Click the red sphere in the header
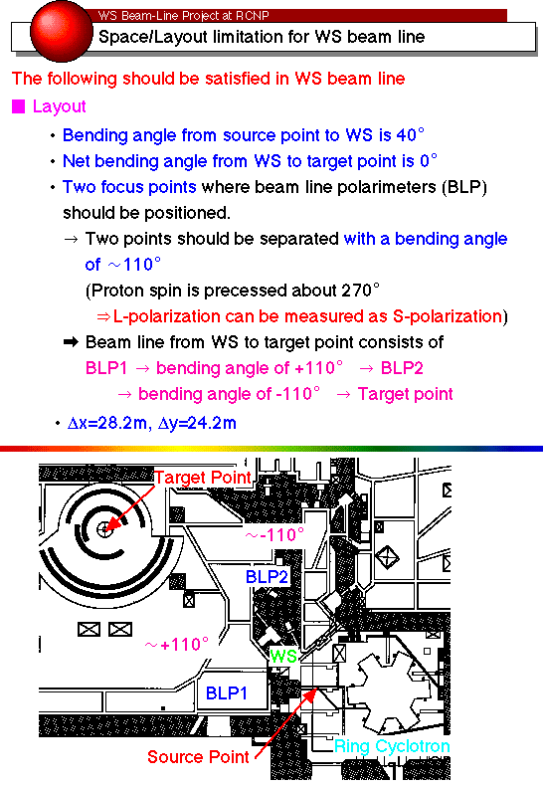[62, 31]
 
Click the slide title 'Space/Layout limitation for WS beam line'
[262, 37]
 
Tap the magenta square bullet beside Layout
[19, 106]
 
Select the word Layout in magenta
[60, 106]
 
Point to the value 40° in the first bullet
[410, 135]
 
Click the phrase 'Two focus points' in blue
[129, 187]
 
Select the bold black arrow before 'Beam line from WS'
[71, 342]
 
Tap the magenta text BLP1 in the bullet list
[106, 368]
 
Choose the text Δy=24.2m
[197, 423]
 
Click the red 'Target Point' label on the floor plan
[202, 478]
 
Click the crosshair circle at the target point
[104, 528]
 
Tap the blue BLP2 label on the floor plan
[267, 577]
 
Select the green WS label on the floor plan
[283, 656]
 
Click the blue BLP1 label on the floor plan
[227, 693]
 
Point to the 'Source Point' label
[198, 757]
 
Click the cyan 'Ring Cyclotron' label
[392, 746]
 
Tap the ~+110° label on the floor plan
[177, 644]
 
